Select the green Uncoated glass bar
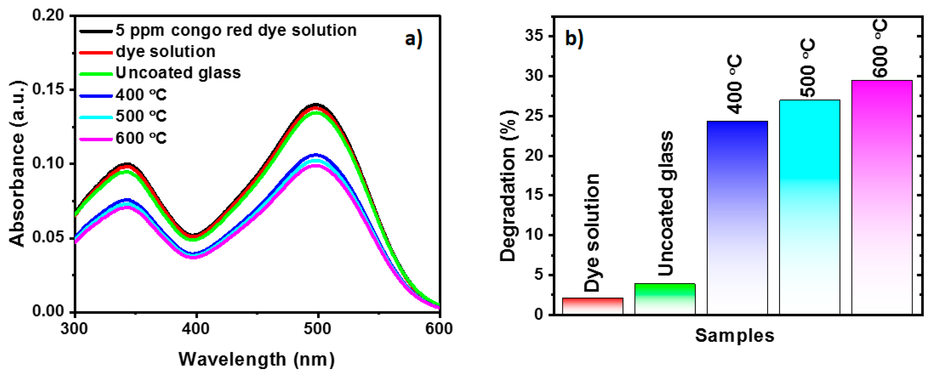pyautogui.click(x=665, y=299)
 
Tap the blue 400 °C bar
pyautogui.click(x=737, y=218)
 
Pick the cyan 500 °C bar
pyautogui.click(x=809, y=207)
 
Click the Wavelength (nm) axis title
pyautogui.click(x=256, y=359)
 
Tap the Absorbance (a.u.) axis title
pyautogui.click(x=17, y=163)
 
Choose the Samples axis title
pyautogui.click(x=735, y=335)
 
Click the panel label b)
pyautogui.click(x=574, y=38)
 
